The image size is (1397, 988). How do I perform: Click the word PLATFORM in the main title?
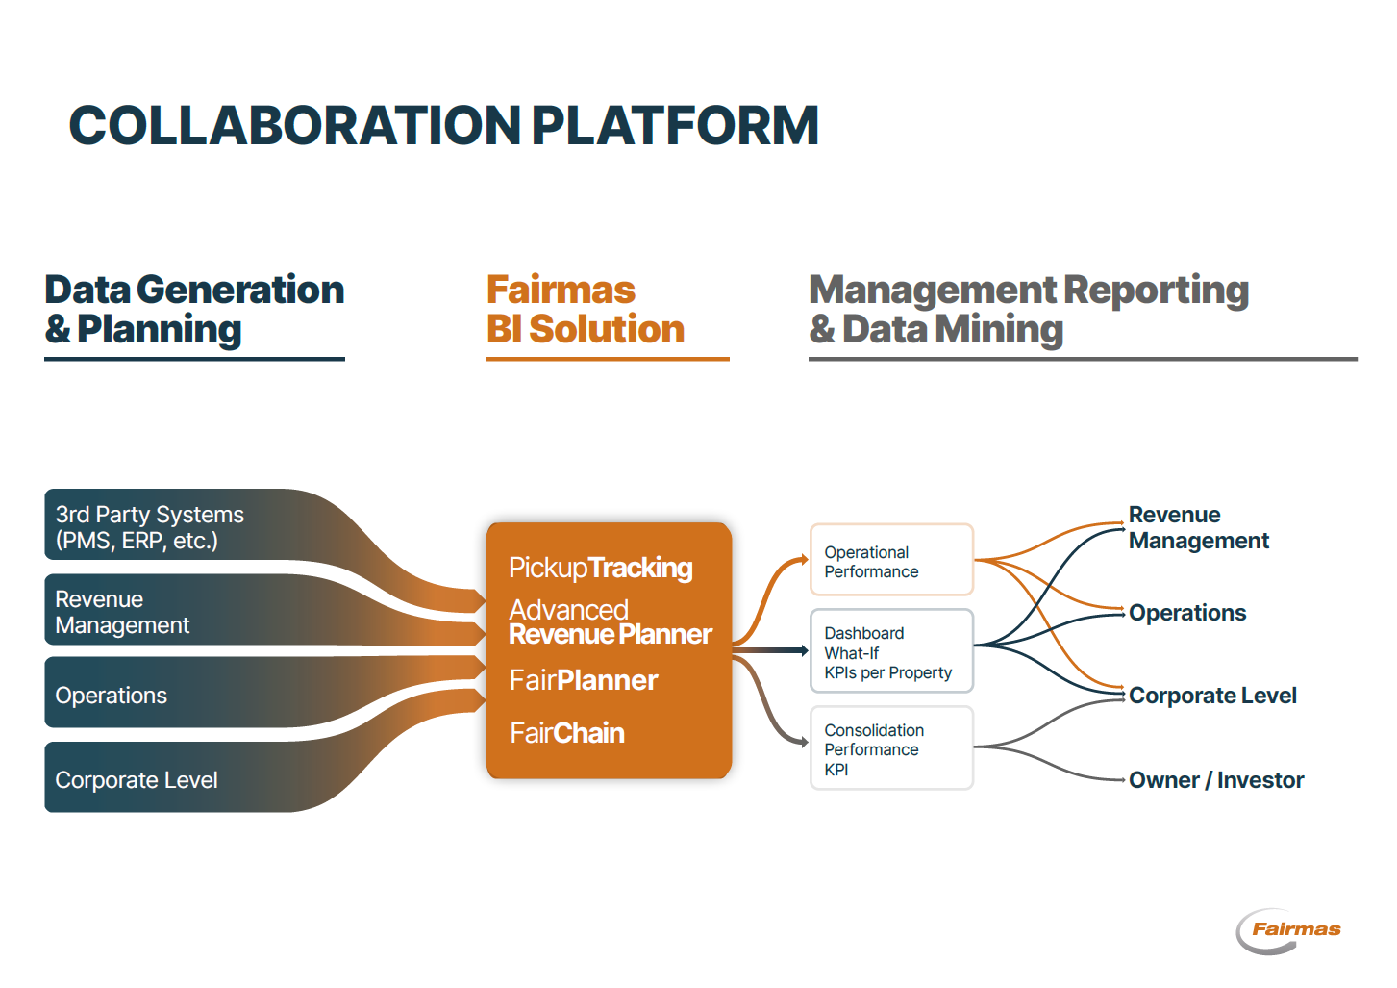tap(674, 126)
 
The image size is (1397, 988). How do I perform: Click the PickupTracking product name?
tap(600, 568)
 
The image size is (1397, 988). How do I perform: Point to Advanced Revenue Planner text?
tap(610, 621)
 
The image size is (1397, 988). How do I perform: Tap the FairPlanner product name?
tap(583, 680)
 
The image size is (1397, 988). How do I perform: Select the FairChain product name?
tap(566, 733)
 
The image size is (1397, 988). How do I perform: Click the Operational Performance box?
tap(891, 561)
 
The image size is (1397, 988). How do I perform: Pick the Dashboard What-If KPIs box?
tap(891, 652)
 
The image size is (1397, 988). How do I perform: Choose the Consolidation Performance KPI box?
tap(891, 749)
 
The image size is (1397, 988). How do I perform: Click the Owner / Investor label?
tap(1215, 780)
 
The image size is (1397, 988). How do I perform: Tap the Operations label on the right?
tap(1186, 613)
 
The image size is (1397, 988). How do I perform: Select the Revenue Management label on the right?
tap(1198, 527)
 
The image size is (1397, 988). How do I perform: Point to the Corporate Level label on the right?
tap(1211, 696)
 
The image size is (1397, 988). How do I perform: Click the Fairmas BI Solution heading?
tap(585, 310)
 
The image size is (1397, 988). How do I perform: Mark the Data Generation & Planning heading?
tap(194, 310)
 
